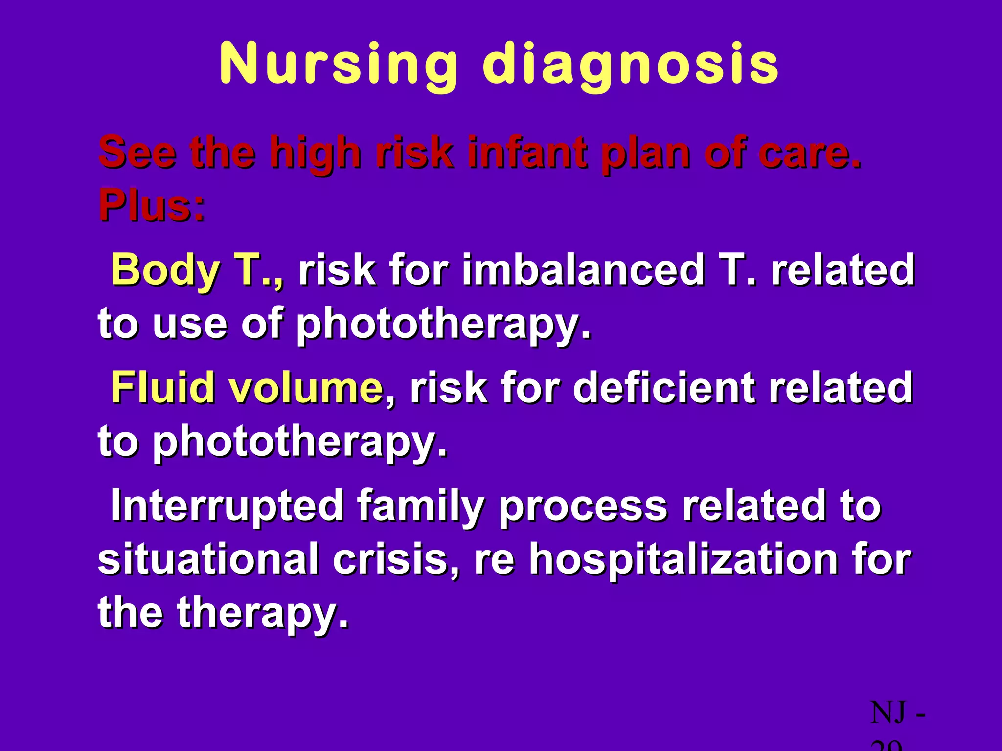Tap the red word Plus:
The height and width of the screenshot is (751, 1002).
coord(152,205)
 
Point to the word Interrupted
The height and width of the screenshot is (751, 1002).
coord(227,506)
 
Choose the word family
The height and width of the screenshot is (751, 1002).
coord(421,506)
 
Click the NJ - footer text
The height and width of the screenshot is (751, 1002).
coord(898,713)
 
